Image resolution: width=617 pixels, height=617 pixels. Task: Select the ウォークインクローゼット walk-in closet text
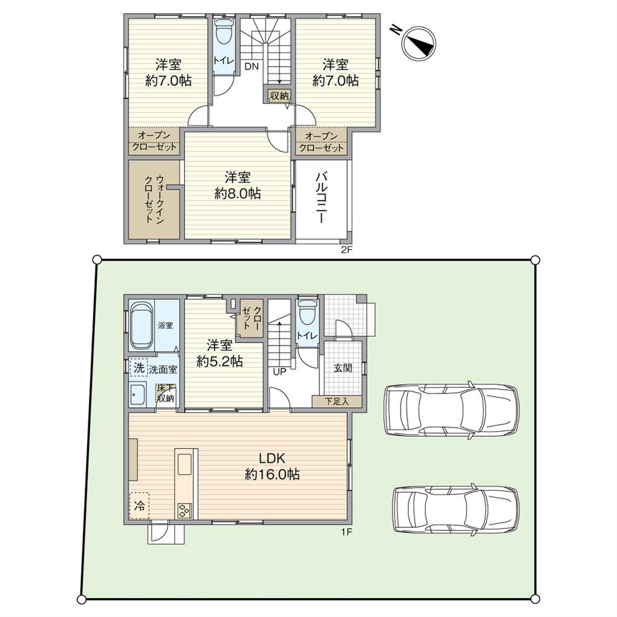[x=154, y=199]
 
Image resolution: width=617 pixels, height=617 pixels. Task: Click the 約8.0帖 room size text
[x=237, y=194]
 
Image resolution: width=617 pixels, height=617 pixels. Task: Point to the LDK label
[x=272, y=458]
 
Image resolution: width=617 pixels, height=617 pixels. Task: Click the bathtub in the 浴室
[x=142, y=325]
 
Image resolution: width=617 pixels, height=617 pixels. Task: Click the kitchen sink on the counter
[x=184, y=465]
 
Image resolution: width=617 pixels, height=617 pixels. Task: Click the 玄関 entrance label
[x=343, y=368]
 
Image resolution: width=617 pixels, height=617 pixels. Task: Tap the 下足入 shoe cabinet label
[x=337, y=402]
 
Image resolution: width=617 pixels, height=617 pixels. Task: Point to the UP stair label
[x=279, y=371]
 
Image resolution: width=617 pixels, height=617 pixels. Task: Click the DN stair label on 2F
[x=252, y=66]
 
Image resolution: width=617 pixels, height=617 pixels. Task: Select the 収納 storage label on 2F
[x=279, y=95]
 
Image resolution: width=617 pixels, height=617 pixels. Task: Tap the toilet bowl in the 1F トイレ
[x=307, y=312]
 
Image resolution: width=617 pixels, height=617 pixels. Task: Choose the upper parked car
[x=451, y=410]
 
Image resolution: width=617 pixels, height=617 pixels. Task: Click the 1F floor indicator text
[x=346, y=533]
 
